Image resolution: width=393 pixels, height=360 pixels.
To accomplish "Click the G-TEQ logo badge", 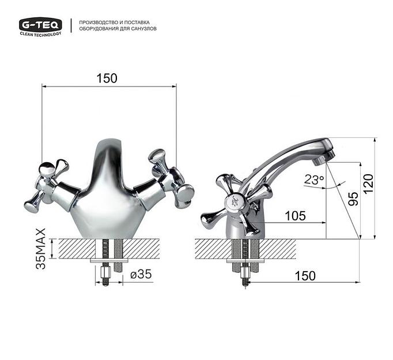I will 40,24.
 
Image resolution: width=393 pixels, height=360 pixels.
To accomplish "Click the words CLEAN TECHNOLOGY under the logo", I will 40,34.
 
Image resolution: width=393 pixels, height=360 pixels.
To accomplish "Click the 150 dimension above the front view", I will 107,78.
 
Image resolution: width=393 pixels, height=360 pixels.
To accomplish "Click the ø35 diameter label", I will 141,275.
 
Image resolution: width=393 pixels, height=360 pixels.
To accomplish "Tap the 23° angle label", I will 314,180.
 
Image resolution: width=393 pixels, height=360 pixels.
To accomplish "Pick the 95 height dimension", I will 353,198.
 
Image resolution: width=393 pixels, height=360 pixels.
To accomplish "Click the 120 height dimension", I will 369,183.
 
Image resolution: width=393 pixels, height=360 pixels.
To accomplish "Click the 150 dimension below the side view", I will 305,276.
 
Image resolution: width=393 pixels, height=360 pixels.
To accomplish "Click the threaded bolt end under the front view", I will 106,276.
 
